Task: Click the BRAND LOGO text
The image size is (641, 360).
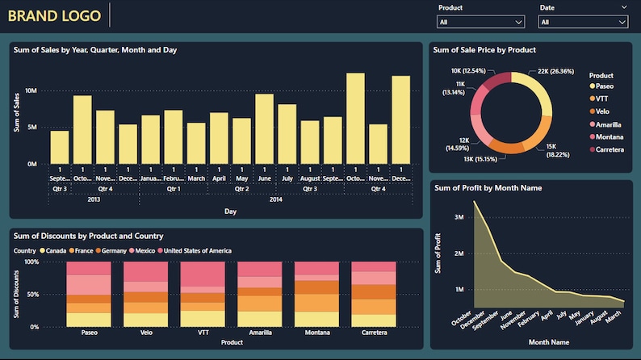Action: [55, 15]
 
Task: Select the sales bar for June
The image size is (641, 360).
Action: [264, 128]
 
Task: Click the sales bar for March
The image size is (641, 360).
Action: [196, 143]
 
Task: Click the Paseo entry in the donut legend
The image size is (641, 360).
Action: [605, 86]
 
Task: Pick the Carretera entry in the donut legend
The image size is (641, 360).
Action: [610, 149]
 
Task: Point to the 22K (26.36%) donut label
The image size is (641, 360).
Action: [555, 71]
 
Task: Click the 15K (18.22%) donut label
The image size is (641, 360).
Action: [556, 149]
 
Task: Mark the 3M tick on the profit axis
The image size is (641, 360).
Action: [457, 217]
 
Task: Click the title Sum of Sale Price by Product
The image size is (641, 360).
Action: [484, 50]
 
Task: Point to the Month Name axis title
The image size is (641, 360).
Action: [550, 342]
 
